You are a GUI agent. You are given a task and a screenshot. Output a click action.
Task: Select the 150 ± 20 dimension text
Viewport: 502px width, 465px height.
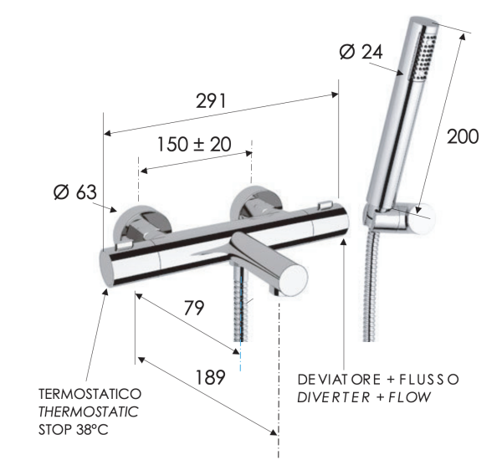[194, 144]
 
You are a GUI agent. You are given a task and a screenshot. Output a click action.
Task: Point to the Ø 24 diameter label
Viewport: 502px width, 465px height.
[361, 52]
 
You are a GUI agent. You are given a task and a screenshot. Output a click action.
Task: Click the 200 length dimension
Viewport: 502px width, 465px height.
[463, 136]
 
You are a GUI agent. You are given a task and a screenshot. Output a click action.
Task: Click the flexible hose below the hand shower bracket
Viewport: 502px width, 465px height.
[371, 284]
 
